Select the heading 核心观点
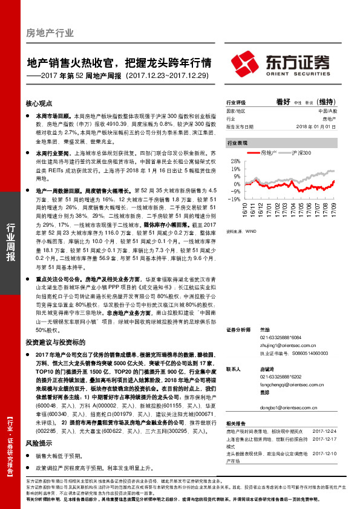[39, 103]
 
